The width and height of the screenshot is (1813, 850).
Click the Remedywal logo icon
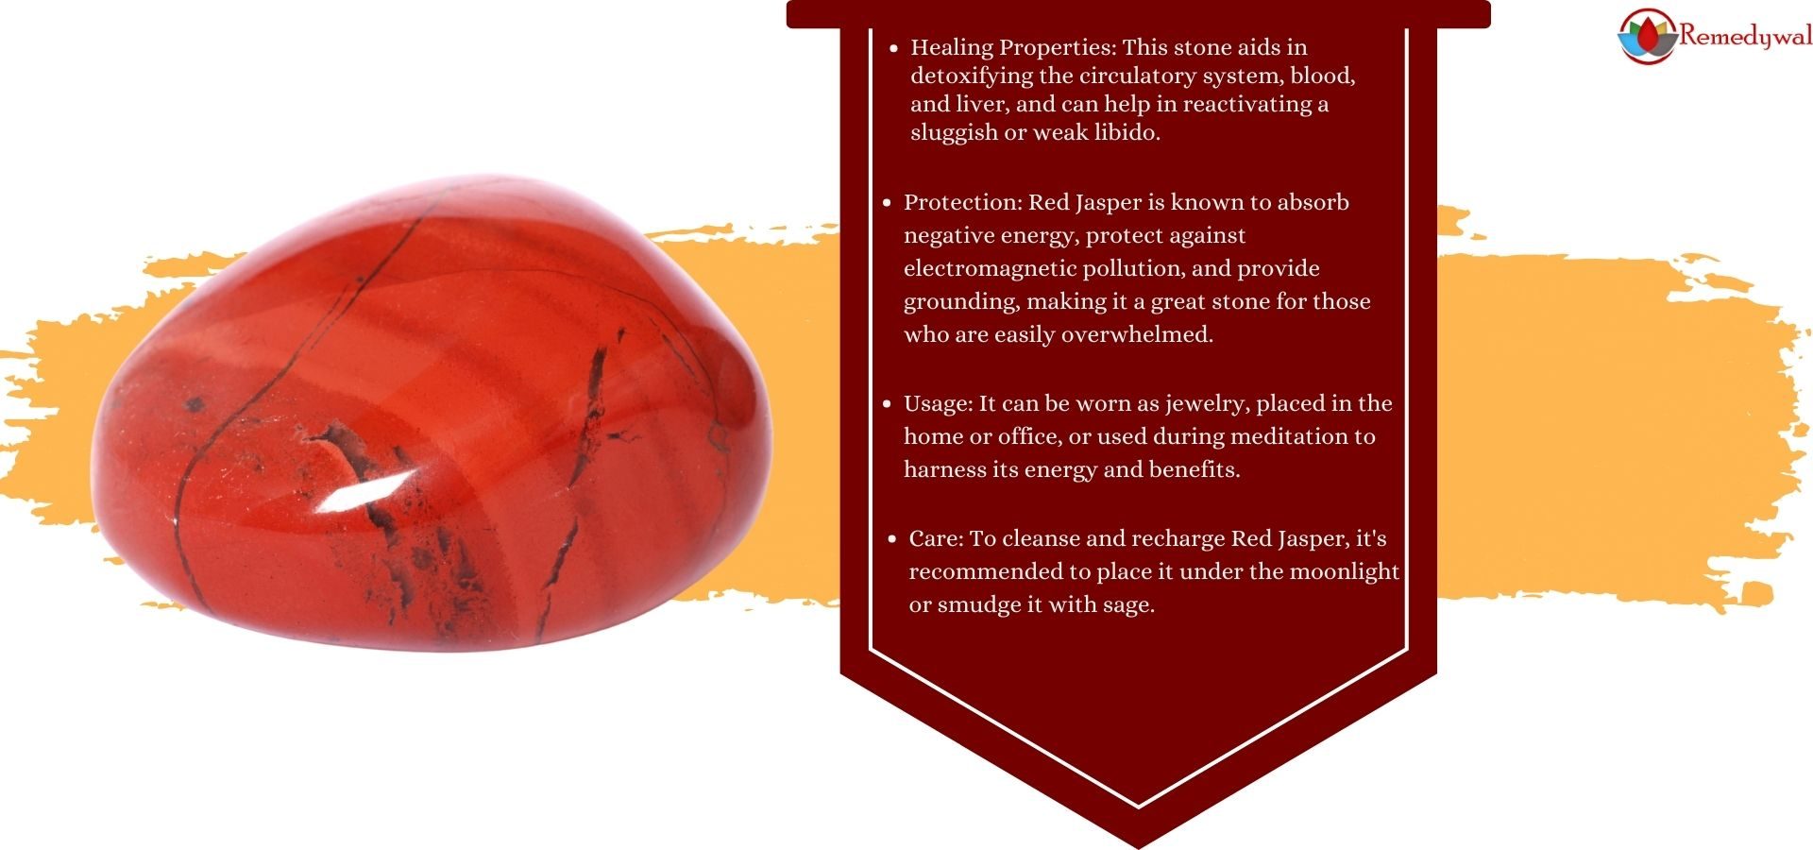[x=1649, y=36]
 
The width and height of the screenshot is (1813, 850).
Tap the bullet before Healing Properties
[x=893, y=48]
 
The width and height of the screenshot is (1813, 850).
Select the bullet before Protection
[x=887, y=203]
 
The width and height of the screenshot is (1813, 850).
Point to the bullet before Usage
[x=887, y=404]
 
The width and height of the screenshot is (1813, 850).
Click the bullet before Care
[x=892, y=539]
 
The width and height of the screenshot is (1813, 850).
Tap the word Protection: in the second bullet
[x=962, y=202]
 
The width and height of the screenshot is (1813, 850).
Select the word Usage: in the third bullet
[x=939, y=404]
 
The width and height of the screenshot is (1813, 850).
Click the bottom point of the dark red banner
[x=1139, y=847]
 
